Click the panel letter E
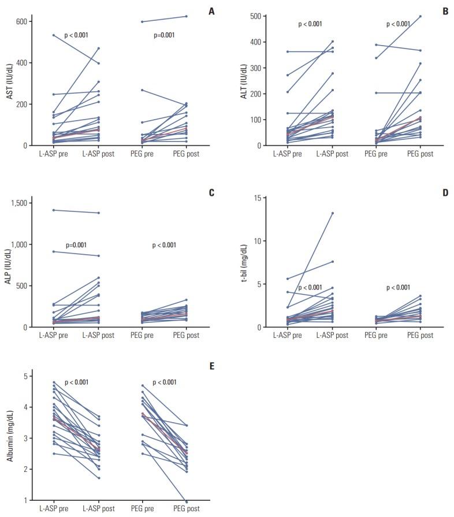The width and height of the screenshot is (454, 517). point(211,366)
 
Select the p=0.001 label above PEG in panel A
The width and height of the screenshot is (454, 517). point(164,35)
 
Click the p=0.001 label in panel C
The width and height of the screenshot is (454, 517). point(76,245)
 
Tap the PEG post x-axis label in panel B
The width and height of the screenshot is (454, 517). point(419,154)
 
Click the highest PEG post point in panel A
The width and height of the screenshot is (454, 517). point(187,16)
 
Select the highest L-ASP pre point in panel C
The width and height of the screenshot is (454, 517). point(54,210)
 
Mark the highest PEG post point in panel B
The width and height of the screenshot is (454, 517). point(420,16)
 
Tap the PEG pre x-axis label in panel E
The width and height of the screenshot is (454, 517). point(142,509)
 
